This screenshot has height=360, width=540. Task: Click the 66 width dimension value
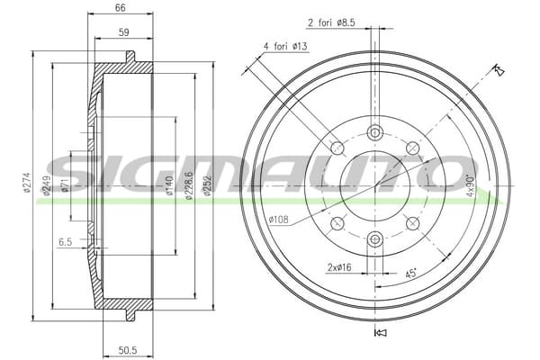click(121, 7)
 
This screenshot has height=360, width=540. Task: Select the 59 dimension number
click(123, 32)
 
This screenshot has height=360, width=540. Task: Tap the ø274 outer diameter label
click(27, 183)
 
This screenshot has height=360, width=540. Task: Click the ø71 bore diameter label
click(65, 184)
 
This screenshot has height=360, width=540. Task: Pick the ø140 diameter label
click(169, 185)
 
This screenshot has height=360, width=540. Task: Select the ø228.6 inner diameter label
click(188, 185)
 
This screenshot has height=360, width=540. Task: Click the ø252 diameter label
click(207, 185)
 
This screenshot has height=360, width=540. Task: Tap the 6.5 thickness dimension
click(65, 242)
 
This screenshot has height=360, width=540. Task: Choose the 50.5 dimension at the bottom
click(128, 350)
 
